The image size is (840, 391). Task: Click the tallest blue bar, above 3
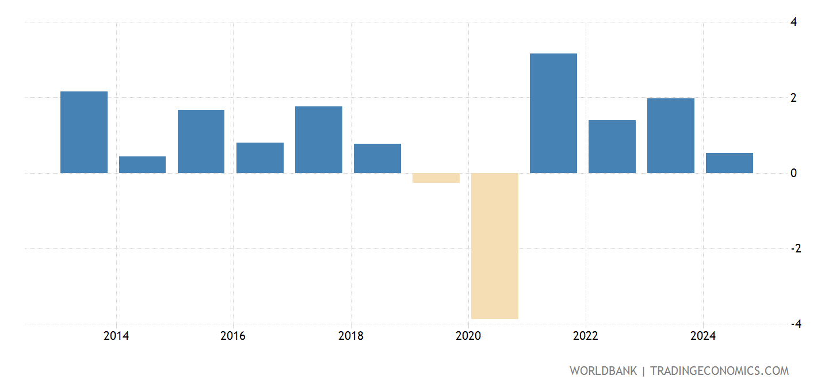[553, 113]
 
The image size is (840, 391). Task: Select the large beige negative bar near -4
[494, 246]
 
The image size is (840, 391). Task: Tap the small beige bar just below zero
[436, 178]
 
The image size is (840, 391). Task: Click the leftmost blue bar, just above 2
[83, 132]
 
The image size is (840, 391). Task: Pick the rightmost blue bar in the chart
[729, 163]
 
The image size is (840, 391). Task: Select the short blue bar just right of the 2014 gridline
[142, 164]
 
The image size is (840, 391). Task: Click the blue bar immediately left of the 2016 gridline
[201, 141]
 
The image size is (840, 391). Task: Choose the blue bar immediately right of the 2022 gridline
[612, 147]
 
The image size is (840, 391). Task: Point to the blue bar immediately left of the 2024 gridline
[670, 136]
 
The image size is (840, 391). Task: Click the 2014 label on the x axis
[116, 336]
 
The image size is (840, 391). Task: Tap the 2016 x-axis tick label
[232, 336]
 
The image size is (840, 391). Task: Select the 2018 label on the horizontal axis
[350, 336]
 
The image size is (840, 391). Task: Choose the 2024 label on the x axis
[702, 336]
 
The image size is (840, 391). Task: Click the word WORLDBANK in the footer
[603, 371]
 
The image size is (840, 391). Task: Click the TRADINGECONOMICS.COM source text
[719, 371]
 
